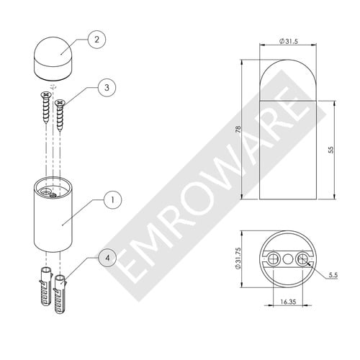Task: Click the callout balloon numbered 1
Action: [x=113, y=199]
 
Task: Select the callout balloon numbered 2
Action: [x=96, y=40]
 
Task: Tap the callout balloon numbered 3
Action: [x=107, y=88]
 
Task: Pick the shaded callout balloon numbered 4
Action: [x=107, y=258]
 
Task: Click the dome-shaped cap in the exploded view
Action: [x=53, y=58]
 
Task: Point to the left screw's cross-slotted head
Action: [x=46, y=95]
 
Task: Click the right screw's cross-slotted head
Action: [x=60, y=103]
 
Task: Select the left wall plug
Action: [x=46, y=285]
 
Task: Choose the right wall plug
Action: [x=60, y=294]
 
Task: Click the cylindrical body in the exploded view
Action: [x=53, y=214]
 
